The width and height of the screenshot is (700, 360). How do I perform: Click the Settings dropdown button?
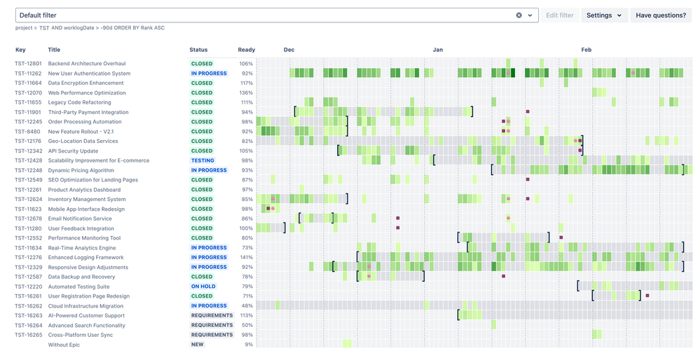click(x=604, y=15)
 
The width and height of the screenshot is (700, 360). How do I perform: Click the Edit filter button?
click(x=560, y=15)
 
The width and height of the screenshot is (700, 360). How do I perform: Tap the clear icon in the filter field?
click(x=519, y=15)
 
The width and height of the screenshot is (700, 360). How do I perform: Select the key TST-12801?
click(x=29, y=64)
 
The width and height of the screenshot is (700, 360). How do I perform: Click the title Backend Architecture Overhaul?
click(x=87, y=64)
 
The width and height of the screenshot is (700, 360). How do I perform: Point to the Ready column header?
click(x=246, y=50)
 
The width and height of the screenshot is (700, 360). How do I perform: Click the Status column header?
click(x=198, y=50)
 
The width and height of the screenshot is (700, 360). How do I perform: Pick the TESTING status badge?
click(x=203, y=160)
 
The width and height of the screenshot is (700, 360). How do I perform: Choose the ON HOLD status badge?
click(x=203, y=286)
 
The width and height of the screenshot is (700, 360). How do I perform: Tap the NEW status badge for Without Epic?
click(x=198, y=345)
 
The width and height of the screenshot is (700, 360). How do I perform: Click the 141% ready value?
click(x=246, y=258)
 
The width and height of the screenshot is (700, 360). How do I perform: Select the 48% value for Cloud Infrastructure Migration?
click(x=247, y=306)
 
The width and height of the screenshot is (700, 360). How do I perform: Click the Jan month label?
click(x=438, y=50)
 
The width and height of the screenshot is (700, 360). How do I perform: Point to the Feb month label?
click(x=586, y=50)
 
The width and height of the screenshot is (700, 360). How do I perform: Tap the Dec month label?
click(x=289, y=50)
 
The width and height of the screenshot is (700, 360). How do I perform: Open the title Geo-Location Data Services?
click(x=83, y=141)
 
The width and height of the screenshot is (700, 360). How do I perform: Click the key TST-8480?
click(x=27, y=132)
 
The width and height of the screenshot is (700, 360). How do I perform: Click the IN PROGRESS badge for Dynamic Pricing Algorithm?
click(x=209, y=170)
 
